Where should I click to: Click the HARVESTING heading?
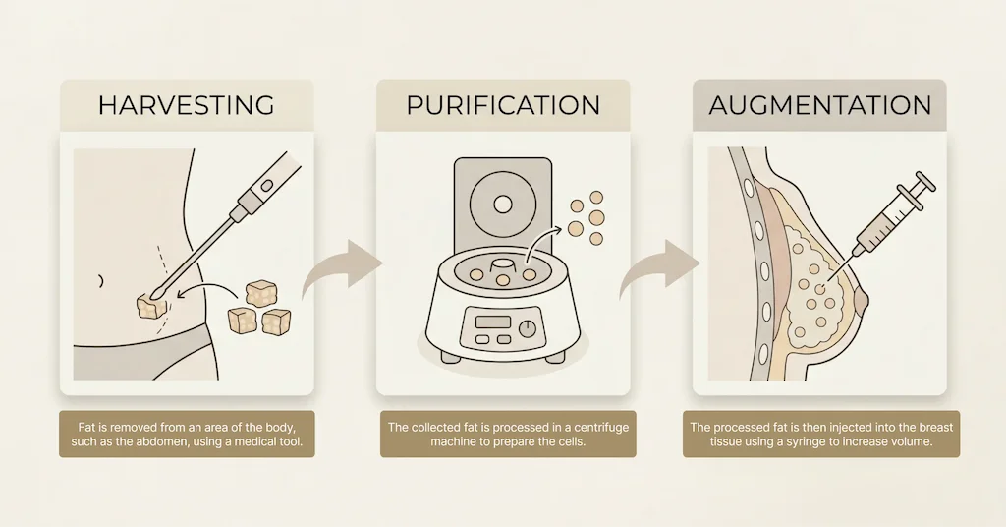pos(186,105)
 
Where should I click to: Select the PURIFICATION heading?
pos(503,105)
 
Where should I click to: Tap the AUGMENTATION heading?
pos(820,105)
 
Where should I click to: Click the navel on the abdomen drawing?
pos(100,281)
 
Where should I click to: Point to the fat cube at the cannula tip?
pos(151,306)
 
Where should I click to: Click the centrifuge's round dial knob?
pos(528,329)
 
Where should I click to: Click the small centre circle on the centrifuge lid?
pos(503,205)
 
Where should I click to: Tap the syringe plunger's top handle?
pos(926,182)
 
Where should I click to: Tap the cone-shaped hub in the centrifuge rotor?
pos(502,267)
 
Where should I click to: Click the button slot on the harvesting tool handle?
pos(267,186)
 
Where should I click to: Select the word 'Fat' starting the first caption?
pos(86,428)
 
